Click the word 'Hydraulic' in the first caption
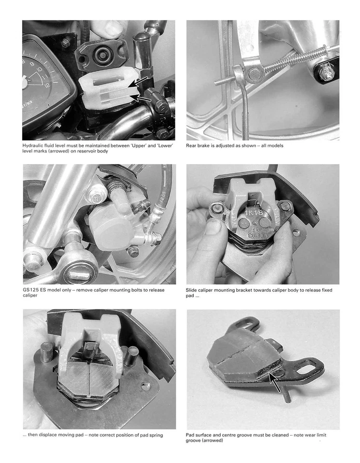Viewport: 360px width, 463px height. (x=35, y=145)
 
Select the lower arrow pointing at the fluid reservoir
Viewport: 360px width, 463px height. (x=143, y=99)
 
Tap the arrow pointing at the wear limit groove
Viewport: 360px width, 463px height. (x=275, y=383)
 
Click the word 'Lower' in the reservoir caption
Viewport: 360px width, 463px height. (x=164, y=145)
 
